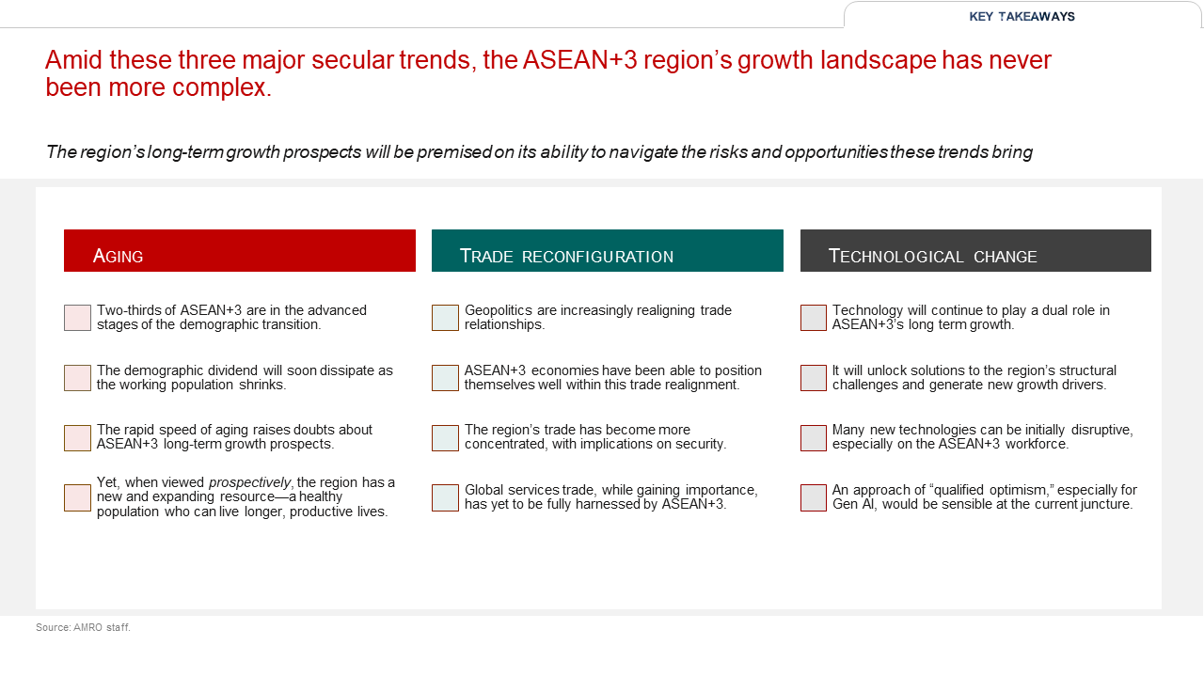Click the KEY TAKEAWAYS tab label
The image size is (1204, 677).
click(1022, 17)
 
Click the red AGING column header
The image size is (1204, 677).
click(240, 250)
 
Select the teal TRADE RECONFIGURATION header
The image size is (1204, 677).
click(608, 250)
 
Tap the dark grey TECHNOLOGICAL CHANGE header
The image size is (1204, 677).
click(975, 250)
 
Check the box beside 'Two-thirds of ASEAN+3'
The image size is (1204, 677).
click(77, 318)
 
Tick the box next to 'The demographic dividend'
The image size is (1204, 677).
click(77, 378)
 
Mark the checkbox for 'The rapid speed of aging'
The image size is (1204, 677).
click(77, 438)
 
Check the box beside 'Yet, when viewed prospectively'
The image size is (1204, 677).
click(77, 497)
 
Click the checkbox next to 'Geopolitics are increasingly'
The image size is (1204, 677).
click(445, 318)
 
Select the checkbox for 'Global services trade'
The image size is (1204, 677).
click(445, 497)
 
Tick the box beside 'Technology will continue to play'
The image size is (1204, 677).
click(814, 318)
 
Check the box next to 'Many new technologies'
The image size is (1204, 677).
click(814, 438)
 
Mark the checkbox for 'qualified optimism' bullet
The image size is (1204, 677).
click(814, 497)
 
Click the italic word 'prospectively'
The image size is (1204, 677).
click(250, 483)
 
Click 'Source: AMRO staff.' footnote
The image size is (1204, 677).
click(84, 627)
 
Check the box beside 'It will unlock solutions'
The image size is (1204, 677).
click(814, 378)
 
